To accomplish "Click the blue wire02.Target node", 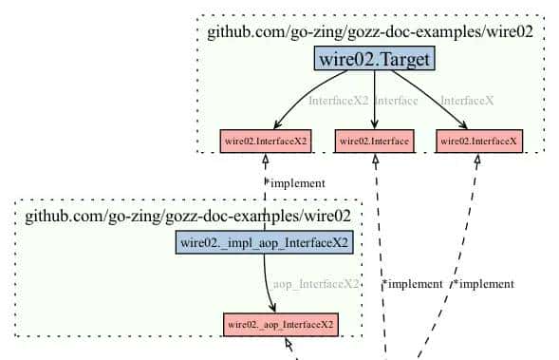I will pyautogui.click(x=374, y=60).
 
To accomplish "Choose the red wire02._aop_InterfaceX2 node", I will pyautogui.click(x=280, y=324).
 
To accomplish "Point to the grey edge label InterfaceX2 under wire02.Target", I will pyautogui.click(x=338, y=101).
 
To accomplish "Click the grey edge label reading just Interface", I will pyautogui.click(x=397, y=101).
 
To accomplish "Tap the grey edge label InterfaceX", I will pyautogui.click(x=466, y=101).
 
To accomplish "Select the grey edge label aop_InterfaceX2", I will pyautogui.click(x=316, y=283).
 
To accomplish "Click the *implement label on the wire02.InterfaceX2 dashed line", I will pyautogui.click(x=294, y=182).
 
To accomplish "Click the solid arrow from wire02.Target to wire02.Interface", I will pyautogui.click(x=374, y=100).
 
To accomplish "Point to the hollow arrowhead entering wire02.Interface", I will pyautogui.click(x=376, y=159).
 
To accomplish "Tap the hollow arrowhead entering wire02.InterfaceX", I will pyautogui.click(x=477, y=159).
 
